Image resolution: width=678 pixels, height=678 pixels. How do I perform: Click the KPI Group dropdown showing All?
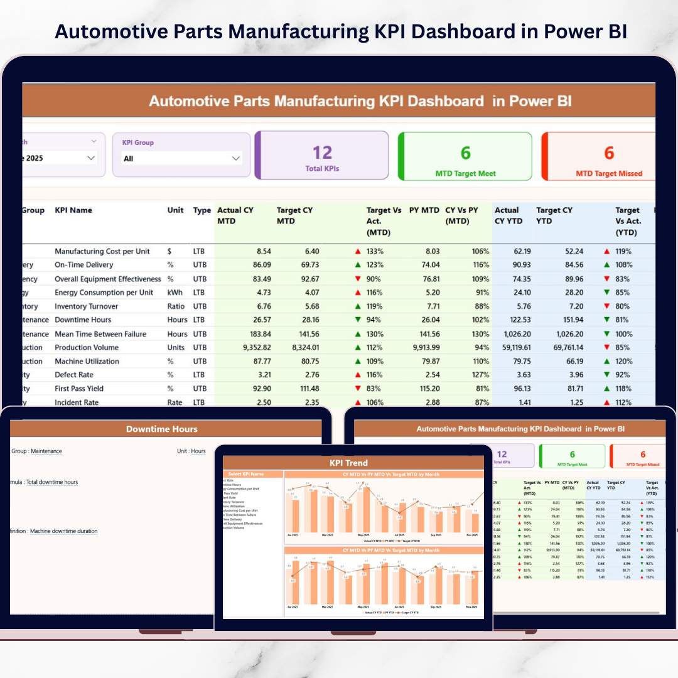tap(181, 158)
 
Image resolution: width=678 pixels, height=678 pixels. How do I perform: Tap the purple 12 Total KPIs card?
tap(322, 156)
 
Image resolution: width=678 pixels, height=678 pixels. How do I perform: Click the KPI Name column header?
tap(73, 210)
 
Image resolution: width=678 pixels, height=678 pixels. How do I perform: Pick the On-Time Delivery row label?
tap(83, 265)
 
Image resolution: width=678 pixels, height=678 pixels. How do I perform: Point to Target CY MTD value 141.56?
tap(305, 334)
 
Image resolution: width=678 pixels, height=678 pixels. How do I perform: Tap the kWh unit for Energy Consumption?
tap(175, 293)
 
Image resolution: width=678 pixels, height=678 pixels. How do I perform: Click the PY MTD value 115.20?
tap(426, 389)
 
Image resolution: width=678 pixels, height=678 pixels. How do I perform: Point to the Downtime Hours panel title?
tap(161, 429)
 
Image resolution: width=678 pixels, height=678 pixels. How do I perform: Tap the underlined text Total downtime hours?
tap(52, 482)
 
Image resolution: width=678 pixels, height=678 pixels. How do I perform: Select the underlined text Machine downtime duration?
tap(63, 531)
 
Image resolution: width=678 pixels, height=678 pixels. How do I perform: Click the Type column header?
tap(202, 210)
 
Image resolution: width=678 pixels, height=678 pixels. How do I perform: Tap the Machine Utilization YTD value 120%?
tap(624, 362)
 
